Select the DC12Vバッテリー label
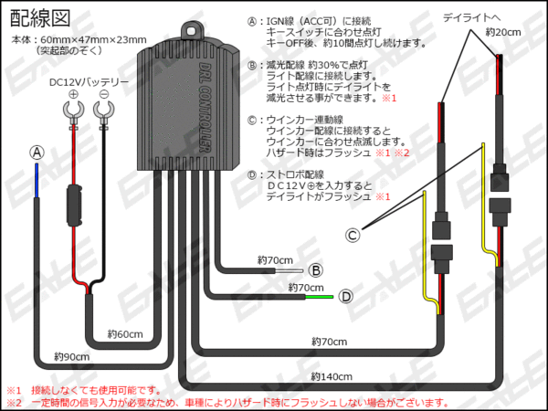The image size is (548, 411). pos(89,83)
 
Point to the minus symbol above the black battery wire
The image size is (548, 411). pos(105,96)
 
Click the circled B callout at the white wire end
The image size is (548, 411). pos(314,269)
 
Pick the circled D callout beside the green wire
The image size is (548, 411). pos(346,296)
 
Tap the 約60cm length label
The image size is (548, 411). pos(125,334)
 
